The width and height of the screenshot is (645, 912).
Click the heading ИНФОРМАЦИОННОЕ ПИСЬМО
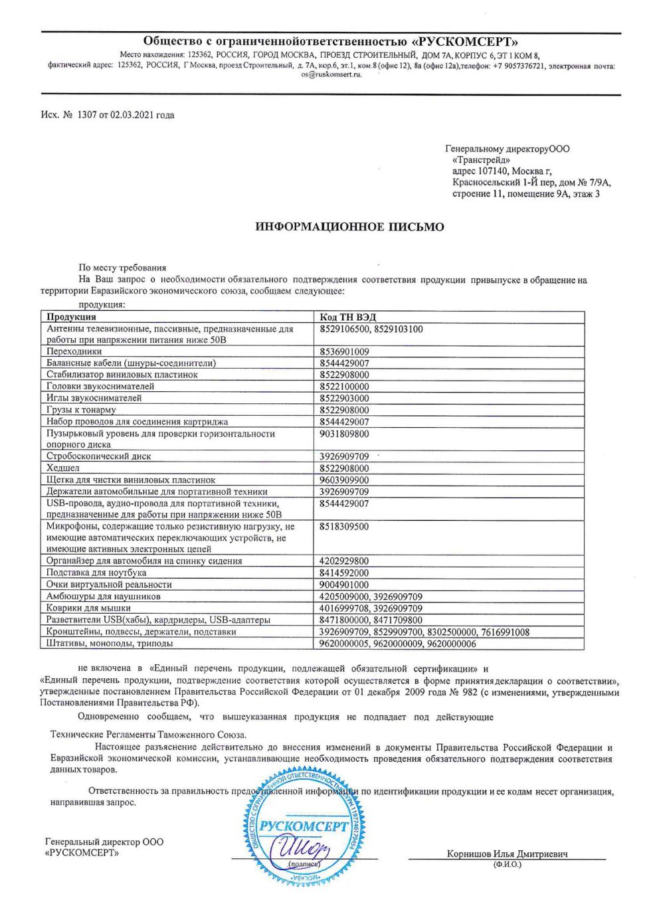(349, 227)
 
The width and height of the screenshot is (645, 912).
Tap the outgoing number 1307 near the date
(87, 115)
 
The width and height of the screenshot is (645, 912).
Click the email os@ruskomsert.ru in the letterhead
(331, 74)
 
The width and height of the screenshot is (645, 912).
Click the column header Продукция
(71, 318)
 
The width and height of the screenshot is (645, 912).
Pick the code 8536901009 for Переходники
(344, 351)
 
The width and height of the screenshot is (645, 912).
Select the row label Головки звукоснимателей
(100, 387)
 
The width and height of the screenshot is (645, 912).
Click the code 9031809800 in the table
(344, 434)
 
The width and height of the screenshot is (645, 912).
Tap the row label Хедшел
(63, 468)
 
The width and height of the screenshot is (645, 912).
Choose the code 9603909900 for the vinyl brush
(344, 480)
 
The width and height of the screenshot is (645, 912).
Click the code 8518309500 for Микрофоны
(344, 526)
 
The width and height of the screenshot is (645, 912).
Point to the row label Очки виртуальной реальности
(109, 585)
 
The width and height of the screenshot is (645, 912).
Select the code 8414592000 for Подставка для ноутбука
(344, 573)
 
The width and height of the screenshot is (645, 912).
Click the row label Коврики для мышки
(88, 608)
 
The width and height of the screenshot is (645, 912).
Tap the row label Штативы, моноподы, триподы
(110, 643)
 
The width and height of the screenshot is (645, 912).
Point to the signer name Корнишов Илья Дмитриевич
(507, 854)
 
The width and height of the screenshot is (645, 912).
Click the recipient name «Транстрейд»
(481, 159)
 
